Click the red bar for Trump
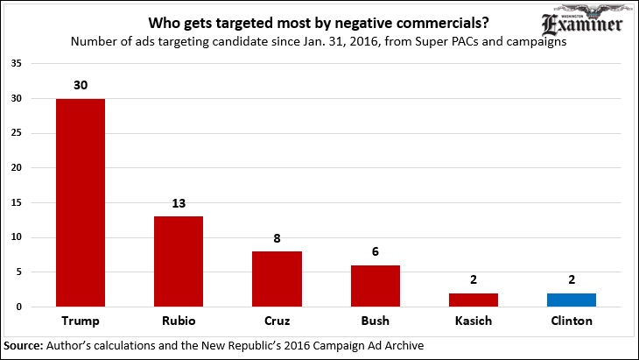(80, 202)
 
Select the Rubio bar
(178, 261)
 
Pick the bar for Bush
(375, 286)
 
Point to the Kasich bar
(474, 300)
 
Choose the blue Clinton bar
(572, 300)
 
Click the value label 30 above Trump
(80, 86)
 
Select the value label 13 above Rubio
(178, 204)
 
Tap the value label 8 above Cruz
(277, 239)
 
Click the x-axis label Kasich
(474, 321)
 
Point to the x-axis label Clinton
(572, 321)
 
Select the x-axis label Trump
(80, 321)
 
